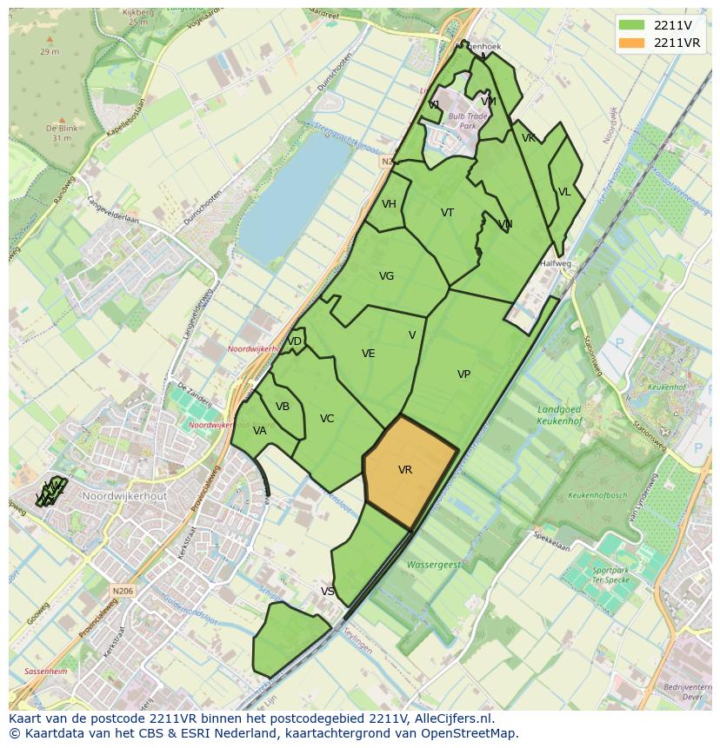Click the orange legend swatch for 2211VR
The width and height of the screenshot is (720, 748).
[x=632, y=43]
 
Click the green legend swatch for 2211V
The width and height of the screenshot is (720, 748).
[x=632, y=25]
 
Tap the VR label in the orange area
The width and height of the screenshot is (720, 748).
[x=405, y=470]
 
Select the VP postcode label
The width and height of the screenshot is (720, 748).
[x=463, y=374]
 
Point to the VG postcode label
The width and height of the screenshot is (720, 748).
[x=387, y=276]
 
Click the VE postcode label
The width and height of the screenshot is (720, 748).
[x=369, y=354]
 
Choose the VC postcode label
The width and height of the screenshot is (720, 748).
[x=327, y=419]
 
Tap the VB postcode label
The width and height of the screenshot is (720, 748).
[x=283, y=407]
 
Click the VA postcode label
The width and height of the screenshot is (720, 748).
[x=260, y=431]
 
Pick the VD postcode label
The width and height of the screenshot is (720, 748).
[x=295, y=341]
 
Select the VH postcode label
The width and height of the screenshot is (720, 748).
[x=389, y=204]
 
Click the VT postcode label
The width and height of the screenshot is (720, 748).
[x=447, y=213]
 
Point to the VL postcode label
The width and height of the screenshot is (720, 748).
[x=564, y=192]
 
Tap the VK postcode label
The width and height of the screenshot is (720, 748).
[x=529, y=138]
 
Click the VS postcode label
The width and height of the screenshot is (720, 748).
[x=328, y=592]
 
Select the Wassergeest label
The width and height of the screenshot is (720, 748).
[x=434, y=565]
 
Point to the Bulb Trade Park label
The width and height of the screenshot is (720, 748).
[x=468, y=120]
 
